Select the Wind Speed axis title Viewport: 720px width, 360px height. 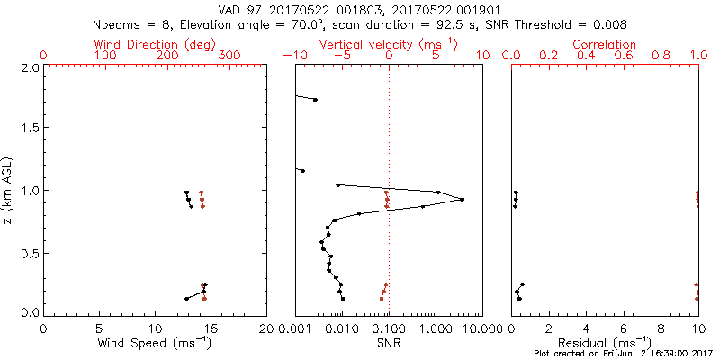[155, 342]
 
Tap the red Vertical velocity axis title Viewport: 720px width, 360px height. [388, 43]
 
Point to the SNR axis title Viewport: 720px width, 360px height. [389, 342]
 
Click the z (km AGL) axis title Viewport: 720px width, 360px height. [8, 189]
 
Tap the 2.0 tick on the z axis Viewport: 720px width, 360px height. [29, 67]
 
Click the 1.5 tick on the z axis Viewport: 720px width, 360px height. [29, 129]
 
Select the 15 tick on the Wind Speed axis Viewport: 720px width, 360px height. [211, 328]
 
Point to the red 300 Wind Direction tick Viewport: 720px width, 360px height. [229, 56]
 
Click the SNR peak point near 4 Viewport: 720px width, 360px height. [463, 199]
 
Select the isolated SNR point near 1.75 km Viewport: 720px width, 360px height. [315, 100]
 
